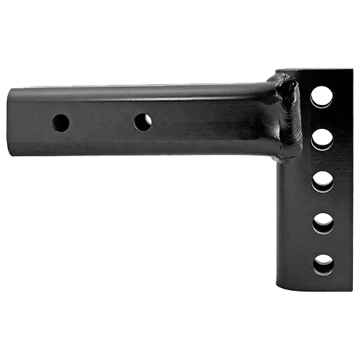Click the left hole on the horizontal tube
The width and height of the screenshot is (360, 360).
61,122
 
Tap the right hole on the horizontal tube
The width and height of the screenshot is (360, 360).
143,122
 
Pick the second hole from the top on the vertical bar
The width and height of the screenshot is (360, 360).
322,138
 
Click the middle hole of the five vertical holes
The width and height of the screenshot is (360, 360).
323,180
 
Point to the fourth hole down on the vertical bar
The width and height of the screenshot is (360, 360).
323,222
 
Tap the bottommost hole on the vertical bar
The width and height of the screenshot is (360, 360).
323,264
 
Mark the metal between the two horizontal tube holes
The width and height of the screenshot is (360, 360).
102,122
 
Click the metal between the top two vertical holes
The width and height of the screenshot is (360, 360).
322,117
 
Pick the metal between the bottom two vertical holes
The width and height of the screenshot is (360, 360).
323,243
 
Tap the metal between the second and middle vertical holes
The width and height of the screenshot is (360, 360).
323,159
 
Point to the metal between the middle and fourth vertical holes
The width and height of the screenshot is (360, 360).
323,202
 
